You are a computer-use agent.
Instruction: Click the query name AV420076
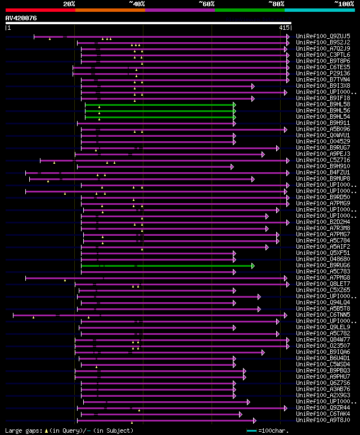(x=21, y=18)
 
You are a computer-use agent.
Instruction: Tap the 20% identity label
(x=69, y=3)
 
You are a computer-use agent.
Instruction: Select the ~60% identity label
(x=206, y=3)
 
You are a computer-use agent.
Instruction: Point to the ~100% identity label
(x=343, y=3)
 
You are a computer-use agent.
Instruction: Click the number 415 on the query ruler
(x=283, y=27)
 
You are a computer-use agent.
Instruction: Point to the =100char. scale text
(x=272, y=430)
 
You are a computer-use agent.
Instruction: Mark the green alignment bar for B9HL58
(x=160, y=104)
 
